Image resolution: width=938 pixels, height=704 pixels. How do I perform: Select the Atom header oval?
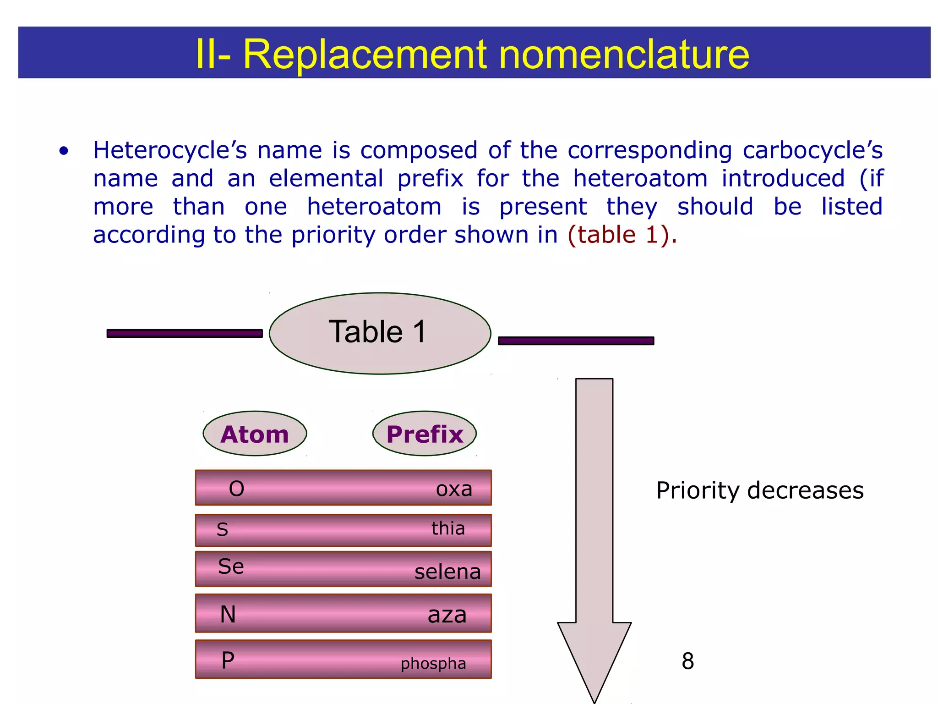pos(255,434)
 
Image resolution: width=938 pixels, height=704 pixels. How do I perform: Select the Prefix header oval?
pos(425,434)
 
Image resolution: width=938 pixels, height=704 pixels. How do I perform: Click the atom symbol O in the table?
pos(236,489)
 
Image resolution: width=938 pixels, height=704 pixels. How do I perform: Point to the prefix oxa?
pos(454,489)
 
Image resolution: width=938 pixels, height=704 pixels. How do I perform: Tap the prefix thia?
pos(448,528)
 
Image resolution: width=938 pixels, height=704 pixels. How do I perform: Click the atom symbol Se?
pos(231,566)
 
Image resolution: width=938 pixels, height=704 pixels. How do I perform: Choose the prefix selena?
pos(447,572)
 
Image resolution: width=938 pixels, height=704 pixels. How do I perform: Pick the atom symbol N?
pos(228,614)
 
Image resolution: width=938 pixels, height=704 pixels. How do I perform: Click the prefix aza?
pos(447,615)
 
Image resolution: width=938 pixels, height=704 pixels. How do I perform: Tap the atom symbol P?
pos(228,660)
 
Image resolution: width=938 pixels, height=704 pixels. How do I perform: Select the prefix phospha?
pos(433,663)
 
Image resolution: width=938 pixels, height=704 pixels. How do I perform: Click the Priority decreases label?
pos(760,490)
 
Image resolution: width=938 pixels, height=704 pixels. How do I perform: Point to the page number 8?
pos(687,661)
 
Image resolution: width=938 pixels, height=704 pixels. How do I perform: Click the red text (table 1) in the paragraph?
pos(622,235)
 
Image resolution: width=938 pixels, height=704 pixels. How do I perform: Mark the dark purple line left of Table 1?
pos(185,333)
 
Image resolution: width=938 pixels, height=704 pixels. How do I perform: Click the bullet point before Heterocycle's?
pos(64,151)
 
